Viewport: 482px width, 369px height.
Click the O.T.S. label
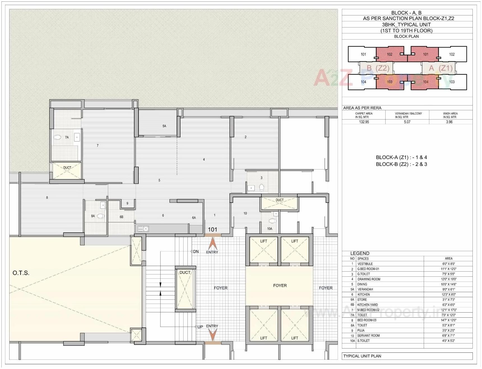pyautogui.click(x=21, y=273)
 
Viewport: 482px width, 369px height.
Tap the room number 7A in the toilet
pyautogui.click(x=67, y=137)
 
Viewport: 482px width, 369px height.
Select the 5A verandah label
pyautogui.click(x=164, y=126)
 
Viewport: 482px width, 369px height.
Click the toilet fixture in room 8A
pyautogui.click(x=101, y=216)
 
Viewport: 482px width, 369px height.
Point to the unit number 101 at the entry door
pyautogui.click(x=212, y=230)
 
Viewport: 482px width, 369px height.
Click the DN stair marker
pyautogui.click(x=195, y=251)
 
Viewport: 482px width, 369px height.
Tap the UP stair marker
pyautogui.click(x=200, y=327)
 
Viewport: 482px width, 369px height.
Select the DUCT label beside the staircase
pyautogui.click(x=185, y=272)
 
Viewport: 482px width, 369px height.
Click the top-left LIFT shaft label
pyautogui.click(x=263, y=241)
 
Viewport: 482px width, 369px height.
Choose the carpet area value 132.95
pyautogui.click(x=364, y=122)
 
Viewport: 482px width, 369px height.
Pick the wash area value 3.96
pyautogui.click(x=449, y=122)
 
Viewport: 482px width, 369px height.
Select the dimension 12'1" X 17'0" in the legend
pyautogui.click(x=448, y=310)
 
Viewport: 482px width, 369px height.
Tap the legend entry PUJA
pyautogui.click(x=361, y=331)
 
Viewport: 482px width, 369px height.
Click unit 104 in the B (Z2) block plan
pyautogui.click(x=363, y=82)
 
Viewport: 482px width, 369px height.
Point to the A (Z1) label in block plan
pyautogui.click(x=441, y=68)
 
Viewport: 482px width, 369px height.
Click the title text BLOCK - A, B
pyautogui.click(x=406, y=13)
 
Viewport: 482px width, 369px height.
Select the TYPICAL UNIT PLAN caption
pyautogui.click(x=362, y=356)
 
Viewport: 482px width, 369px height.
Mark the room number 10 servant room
pyautogui.click(x=245, y=214)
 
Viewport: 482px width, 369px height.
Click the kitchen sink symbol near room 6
pyautogui.click(x=143, y=229)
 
